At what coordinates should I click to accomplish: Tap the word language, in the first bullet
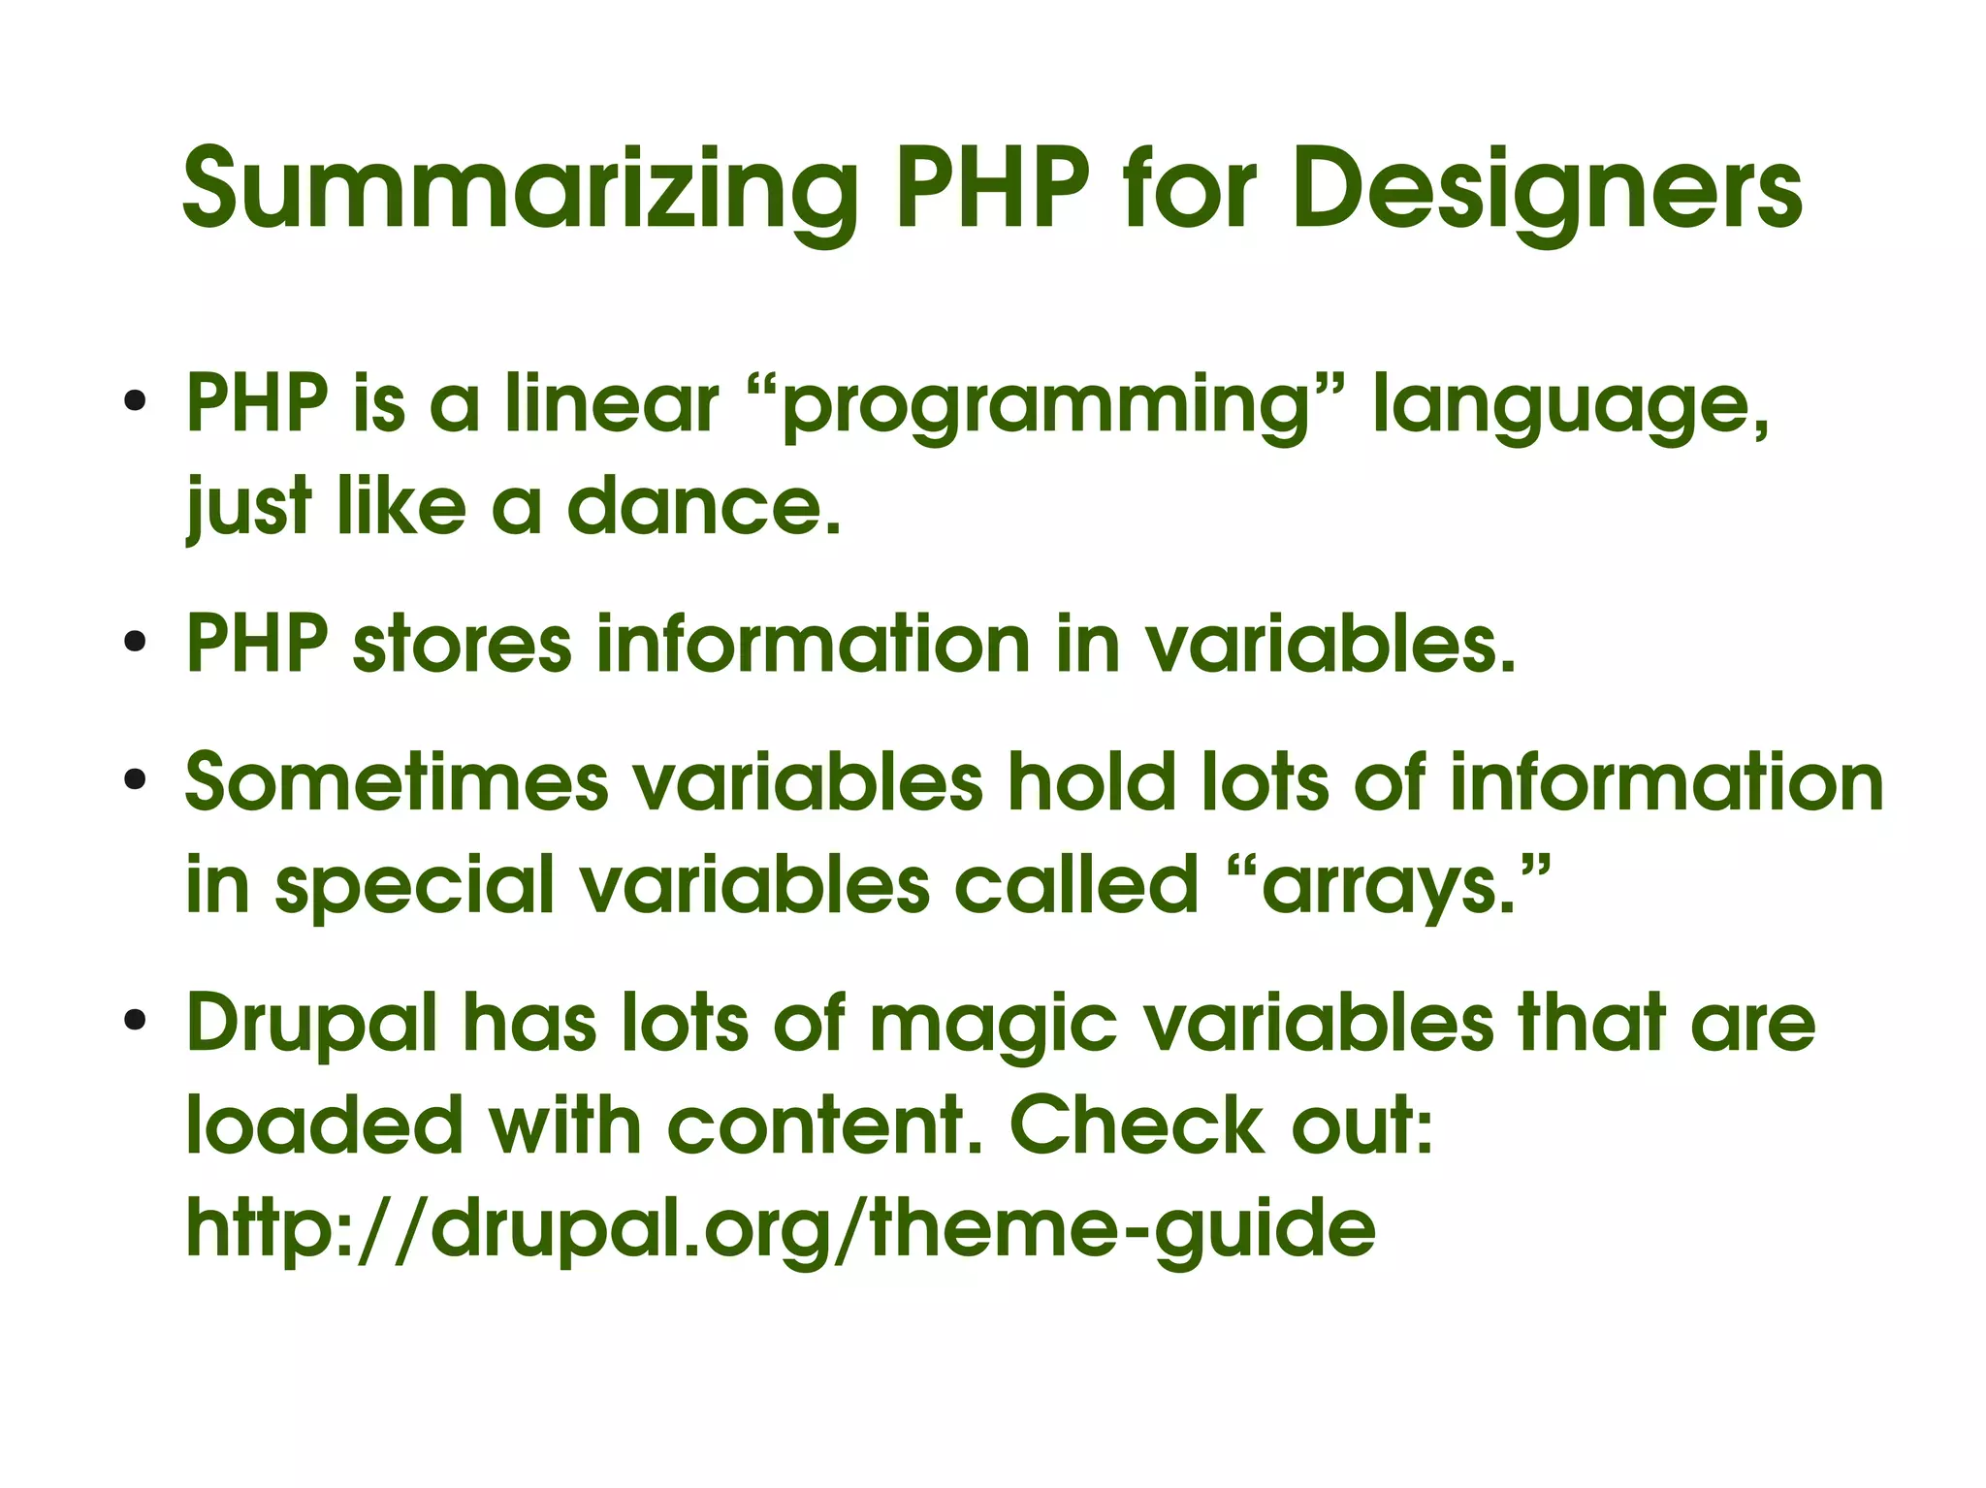[1572, 407]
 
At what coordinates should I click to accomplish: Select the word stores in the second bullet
[462, 644]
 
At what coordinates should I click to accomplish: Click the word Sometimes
[397, 782]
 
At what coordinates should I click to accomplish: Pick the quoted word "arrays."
[1396, 884]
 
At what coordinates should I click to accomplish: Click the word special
[414, 886]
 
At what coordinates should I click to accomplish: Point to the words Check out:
[1221, 1125]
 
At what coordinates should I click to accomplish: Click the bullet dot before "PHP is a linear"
[135, 400]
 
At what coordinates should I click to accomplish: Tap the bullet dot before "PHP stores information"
[135, 641]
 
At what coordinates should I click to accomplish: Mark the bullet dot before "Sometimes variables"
[135, 779]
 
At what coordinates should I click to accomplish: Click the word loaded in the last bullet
[324, 1125]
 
